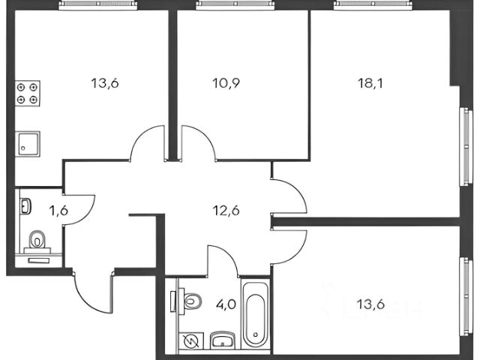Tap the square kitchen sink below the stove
[28, 142]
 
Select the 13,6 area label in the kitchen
[105, 82]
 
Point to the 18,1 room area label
[370, 82]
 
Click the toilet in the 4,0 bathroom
[190, 301]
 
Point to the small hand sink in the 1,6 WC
[26, 204]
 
